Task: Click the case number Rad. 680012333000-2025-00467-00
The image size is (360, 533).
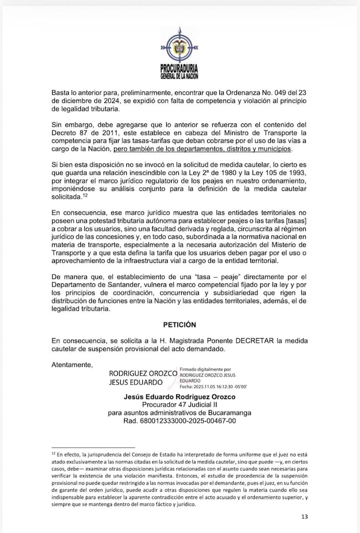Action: click(179, 421)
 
